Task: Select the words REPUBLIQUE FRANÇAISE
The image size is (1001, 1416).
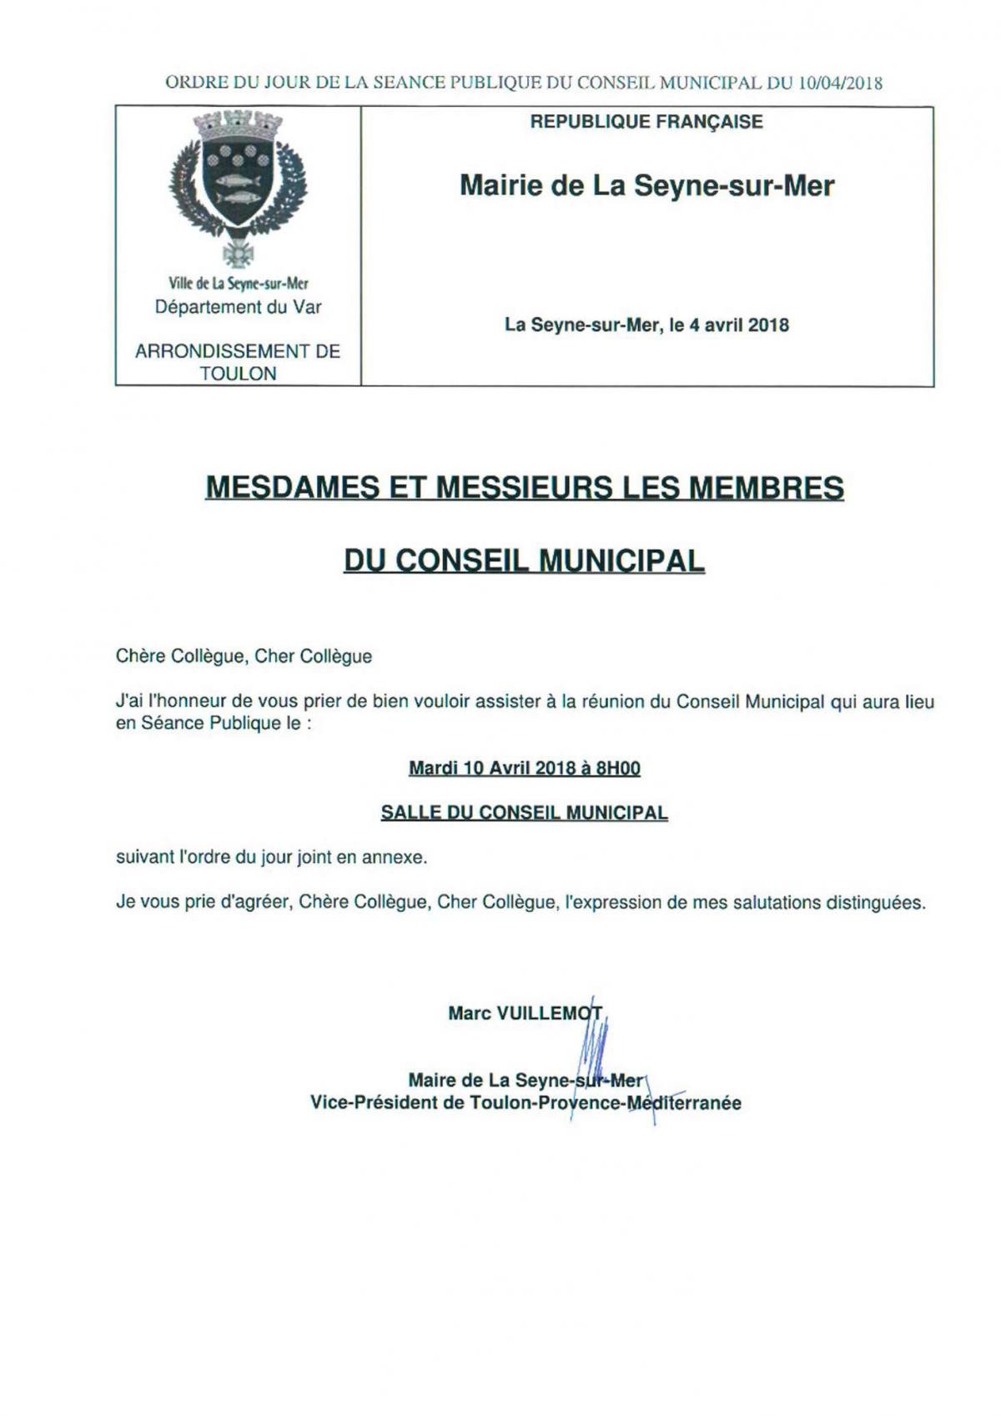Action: (646, 123)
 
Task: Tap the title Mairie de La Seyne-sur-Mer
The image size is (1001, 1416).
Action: (646, 185)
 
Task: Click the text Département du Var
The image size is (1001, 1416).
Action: (238, 307)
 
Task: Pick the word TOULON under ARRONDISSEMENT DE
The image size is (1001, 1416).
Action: (238, 374)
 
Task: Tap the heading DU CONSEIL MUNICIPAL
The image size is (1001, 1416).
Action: (524, 561)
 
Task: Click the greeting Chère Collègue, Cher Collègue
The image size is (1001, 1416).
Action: (244, 657)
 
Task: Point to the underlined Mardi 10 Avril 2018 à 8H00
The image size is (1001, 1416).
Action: (524, 768)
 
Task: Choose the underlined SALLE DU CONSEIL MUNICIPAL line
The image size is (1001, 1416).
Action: (524, 813)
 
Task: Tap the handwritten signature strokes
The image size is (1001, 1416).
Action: (594, 1047)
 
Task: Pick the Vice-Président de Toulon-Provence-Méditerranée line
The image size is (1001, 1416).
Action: (526, 1103)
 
